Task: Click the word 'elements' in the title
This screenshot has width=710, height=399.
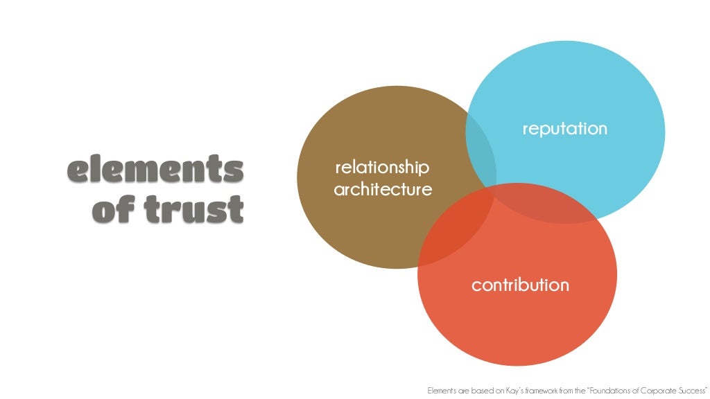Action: point(155,170)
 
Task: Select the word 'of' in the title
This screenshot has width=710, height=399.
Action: point(116,209)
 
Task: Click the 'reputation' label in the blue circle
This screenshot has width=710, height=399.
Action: point(564,129)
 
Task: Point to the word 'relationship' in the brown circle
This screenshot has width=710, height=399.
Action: point(382,168)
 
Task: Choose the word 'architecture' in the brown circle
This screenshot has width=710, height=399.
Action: point(383,189)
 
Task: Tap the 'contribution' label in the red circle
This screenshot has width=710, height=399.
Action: point(520,285)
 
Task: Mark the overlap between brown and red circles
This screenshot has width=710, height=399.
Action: point(455,229)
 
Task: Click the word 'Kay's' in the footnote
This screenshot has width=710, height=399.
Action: point(512,391)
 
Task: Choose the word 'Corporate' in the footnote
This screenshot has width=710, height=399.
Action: point(659,391)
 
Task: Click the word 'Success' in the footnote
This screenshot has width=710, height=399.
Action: point(693,391)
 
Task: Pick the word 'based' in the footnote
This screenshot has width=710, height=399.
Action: point(480,391)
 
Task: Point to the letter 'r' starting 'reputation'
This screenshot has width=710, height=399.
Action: point(525,130)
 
